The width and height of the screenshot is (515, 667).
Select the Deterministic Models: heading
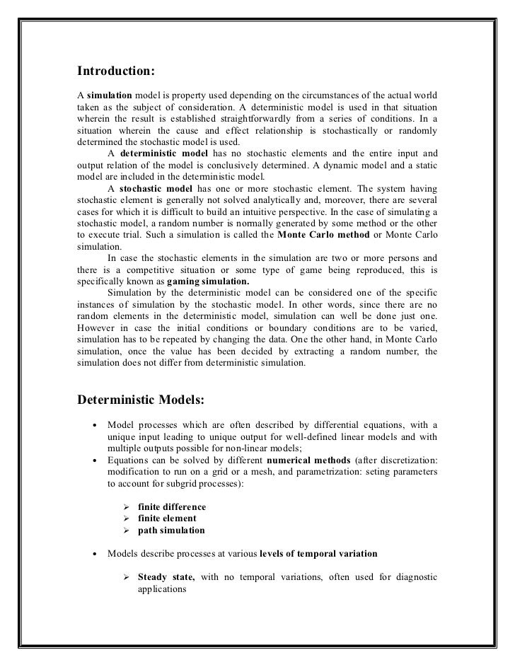[140, 400]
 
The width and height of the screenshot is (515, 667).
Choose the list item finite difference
[172, 507]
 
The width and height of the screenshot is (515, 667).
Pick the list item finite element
[167, 518]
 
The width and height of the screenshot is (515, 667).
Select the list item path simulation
[172, 530]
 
